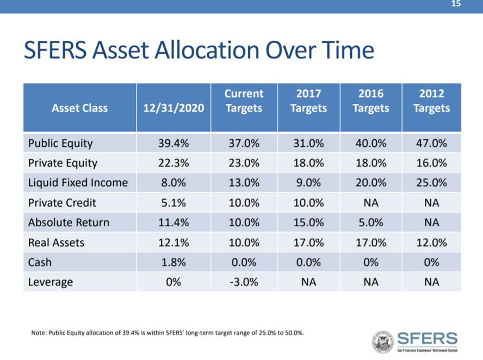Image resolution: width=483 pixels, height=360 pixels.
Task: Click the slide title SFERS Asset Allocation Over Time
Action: tap(198, 51)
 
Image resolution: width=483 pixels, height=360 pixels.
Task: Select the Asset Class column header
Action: tap(79, 108)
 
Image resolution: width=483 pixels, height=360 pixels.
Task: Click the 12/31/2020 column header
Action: tap(174, 108)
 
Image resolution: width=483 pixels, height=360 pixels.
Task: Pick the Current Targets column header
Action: tap(243, 101)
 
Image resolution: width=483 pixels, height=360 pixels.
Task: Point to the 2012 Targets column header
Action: tap(431, 101)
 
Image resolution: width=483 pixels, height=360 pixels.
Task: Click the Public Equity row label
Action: tap(60, 144)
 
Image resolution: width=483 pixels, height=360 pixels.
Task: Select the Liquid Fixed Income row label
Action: tap(78, 183)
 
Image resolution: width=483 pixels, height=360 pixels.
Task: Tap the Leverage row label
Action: tap(51, 282)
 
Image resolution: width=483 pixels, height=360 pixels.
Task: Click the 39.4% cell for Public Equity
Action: tap(174, 144)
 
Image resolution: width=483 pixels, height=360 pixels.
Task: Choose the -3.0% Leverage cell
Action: tap(243, 282)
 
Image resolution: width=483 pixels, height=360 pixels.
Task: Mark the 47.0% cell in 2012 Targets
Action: tap(431, 144)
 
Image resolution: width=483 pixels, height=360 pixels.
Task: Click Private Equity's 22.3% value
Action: tap(174, 163)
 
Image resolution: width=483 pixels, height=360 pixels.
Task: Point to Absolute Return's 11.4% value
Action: tap(174, 222)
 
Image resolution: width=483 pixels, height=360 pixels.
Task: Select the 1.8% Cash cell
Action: tap(174, 262)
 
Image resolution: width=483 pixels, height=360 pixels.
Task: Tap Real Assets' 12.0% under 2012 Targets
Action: tap(431, 242)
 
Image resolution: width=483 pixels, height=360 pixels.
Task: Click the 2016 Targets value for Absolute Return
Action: tap(370, 222)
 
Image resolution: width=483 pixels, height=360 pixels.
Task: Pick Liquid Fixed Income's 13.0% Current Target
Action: tap(243, 183)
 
